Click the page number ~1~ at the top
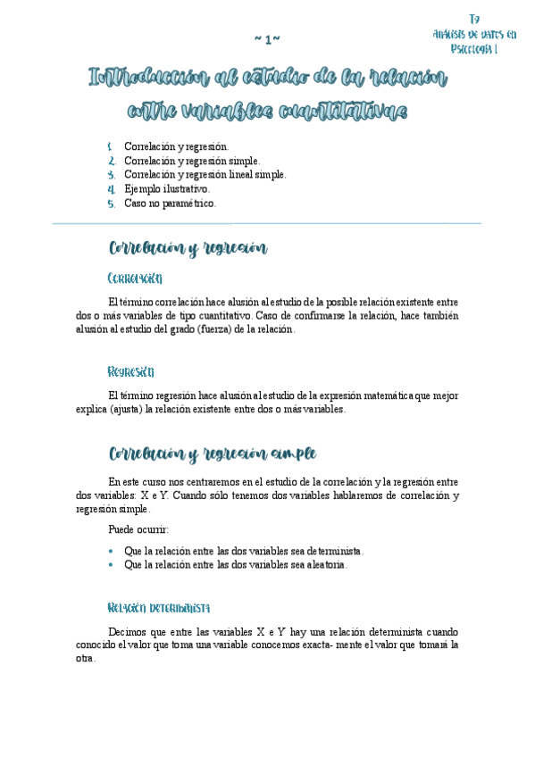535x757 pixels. [x=267, y=39]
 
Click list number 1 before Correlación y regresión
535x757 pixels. [x=110, y=146]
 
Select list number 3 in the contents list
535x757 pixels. [x=111, y=175]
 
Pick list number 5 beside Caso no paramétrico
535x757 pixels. [x=111, y=204]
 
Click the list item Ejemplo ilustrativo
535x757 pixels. [x=167, y=189]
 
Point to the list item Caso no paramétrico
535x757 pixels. [x=171, y=204]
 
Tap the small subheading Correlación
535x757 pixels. [x=134, y=278]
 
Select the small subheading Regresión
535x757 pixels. [x=130, y=370]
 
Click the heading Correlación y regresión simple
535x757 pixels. [x=212, y=453]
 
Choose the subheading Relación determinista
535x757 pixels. [x=158, y=608]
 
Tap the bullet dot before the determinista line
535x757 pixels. [x=110, y=552]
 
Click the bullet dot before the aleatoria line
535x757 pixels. [x=110, y=565]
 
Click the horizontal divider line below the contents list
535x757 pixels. [x=267, y=223]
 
